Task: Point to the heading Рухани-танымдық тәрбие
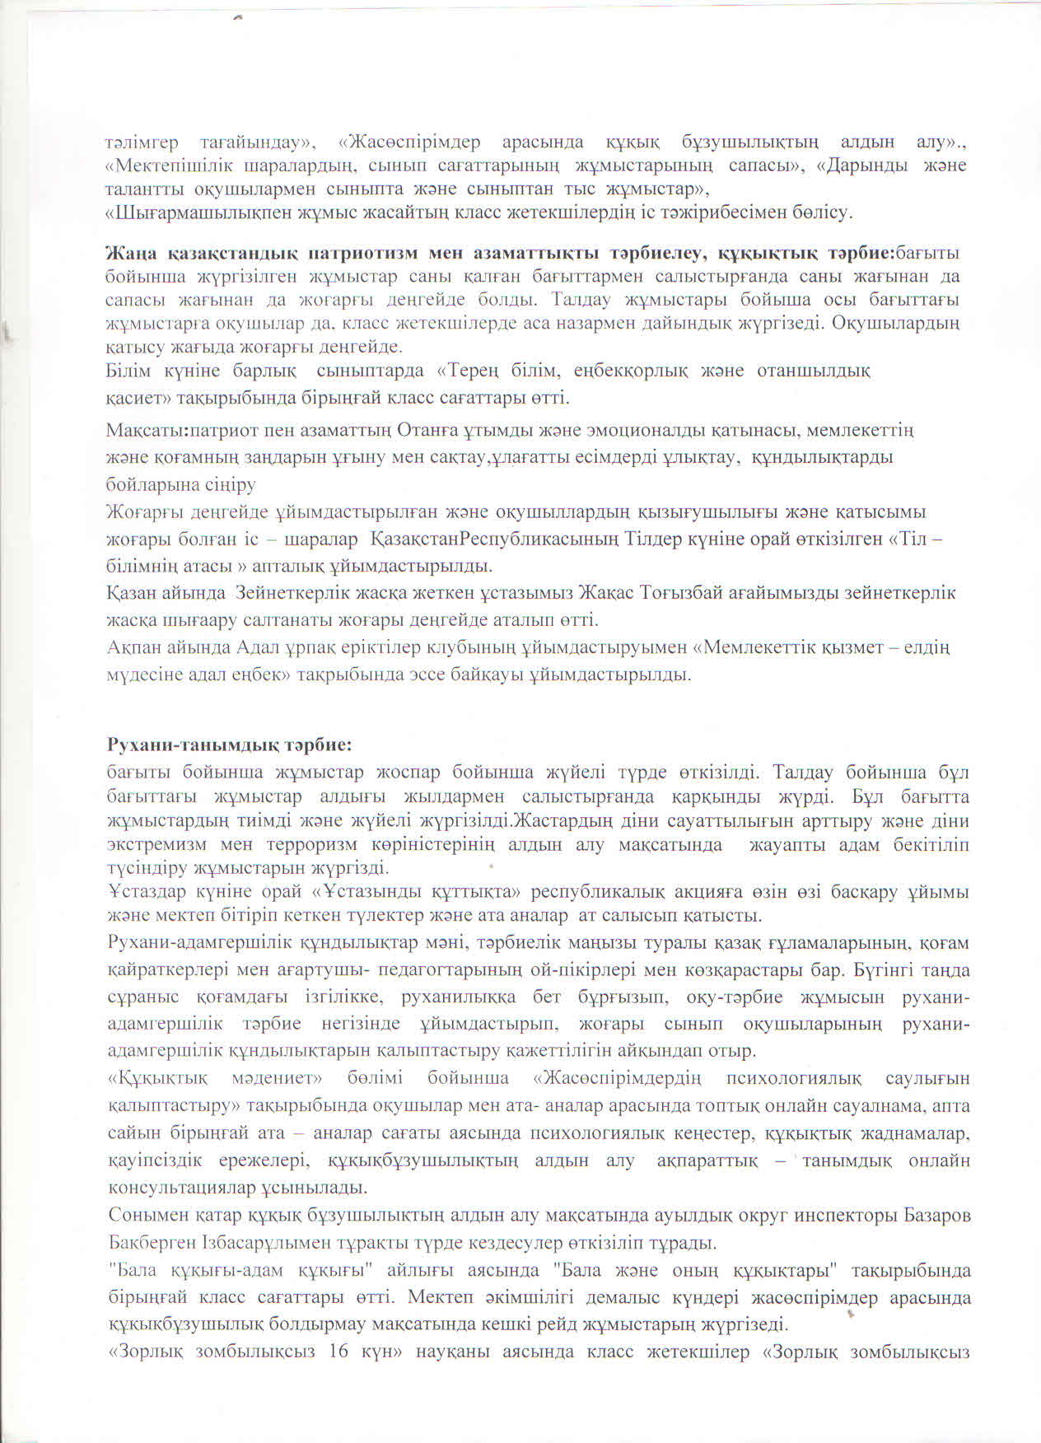(x=230, y=745)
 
